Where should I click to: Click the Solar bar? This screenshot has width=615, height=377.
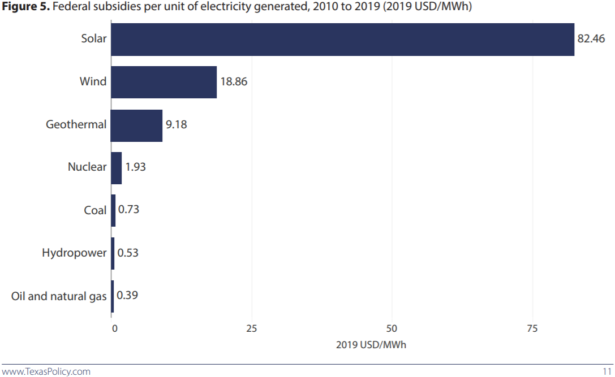pyautogui.click(x=342, y=40)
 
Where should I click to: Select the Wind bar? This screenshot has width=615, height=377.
pyautogui.click(x=164, y=82)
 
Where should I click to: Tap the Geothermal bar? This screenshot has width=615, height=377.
pyautogui.click(x=136, y=125)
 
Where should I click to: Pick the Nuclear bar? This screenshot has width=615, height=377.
pyautogui.click(x=116, y=168)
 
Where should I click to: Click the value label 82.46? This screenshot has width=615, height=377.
pyautogui.click(x=591, y=39)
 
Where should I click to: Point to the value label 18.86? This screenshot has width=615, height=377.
pyautogui.click(x=234, y=82)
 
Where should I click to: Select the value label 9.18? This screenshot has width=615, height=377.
pyautogui.click(x=176, y=125)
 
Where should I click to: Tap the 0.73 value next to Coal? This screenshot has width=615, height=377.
pyautogui.click(x=128, y=210)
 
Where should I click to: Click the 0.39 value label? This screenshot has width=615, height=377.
pyautogui.click(x=127, y=295)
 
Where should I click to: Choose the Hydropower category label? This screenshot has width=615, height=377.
pyautogui.click(x=74, y=253)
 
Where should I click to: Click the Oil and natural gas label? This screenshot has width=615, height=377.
pyautogui.click(x=59, y=296)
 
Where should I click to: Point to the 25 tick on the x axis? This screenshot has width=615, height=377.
pyautogui.click(x=252, y=328)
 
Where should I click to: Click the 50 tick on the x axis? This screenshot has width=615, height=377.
pyautogui.click(x=392, y=328)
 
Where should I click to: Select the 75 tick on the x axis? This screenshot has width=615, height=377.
pyautogui.click(x=532, y=328)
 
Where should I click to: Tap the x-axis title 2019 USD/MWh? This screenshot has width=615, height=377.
pyautogui.click(x=371, y=345)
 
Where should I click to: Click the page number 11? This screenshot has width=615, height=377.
pyautogui.click(x=606, y=371)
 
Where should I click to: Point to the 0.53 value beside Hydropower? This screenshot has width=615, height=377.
pyautogui.click(x=128, y=253)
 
